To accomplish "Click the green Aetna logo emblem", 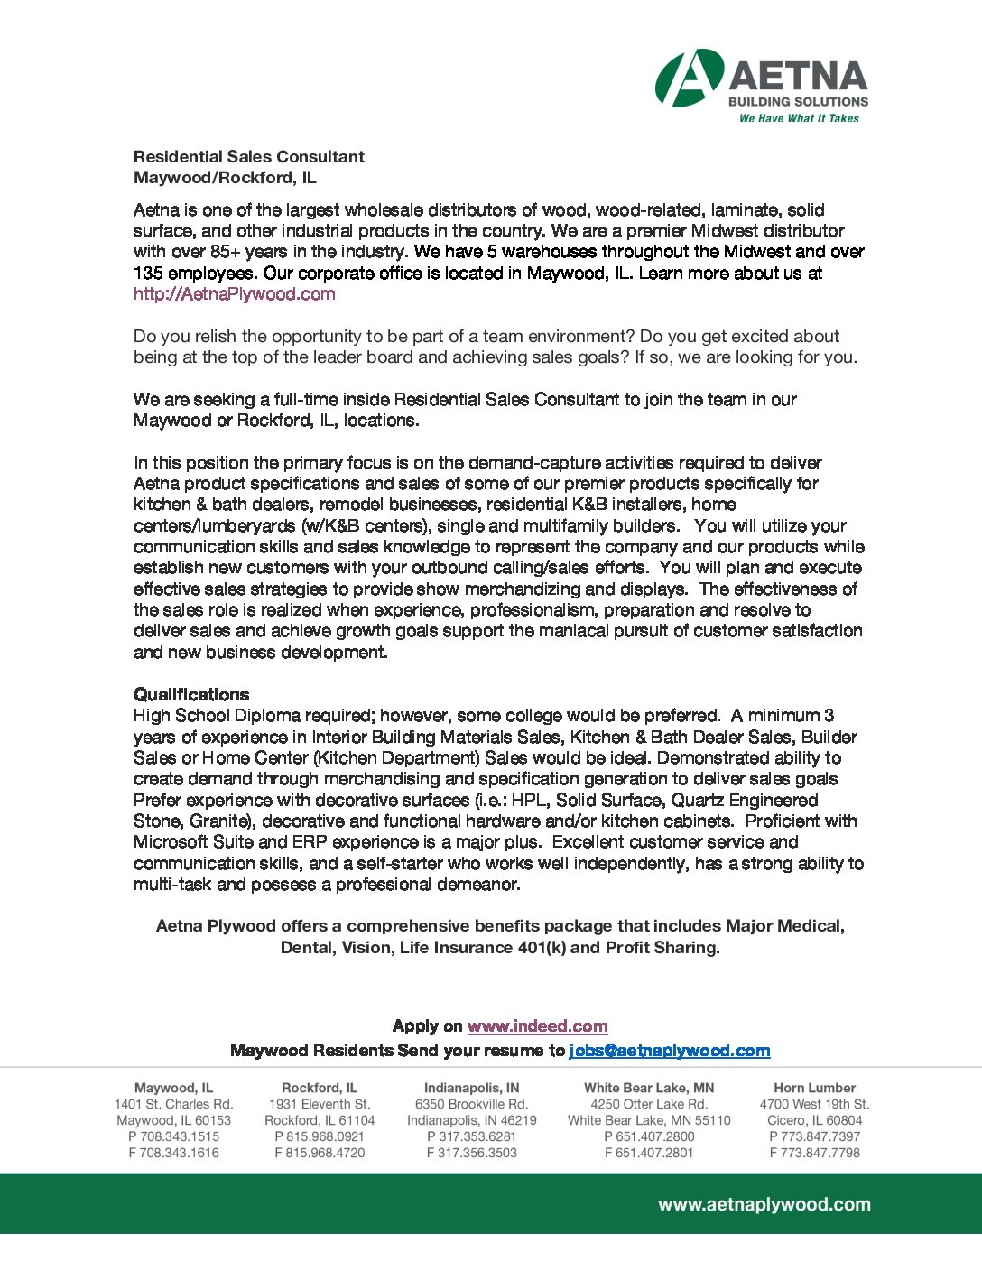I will click(689, 78).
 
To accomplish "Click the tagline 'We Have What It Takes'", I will click(799, 118).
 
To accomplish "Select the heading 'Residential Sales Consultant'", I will click(249, 156).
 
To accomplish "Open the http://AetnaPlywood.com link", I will click(235, 293).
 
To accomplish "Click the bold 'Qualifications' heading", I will click(191, 694).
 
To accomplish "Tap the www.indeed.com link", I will click(537, 1026).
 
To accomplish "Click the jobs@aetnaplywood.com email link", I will click(669, 1050).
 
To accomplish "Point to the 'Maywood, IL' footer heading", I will click(173, 1088).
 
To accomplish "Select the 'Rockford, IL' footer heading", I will click(320, 1088).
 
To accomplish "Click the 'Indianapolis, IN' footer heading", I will click(471, 1088).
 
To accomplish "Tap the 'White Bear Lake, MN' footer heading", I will click(649, 1088).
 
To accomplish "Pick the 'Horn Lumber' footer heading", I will click(814, 1088).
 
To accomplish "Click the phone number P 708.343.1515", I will click(173, 1136).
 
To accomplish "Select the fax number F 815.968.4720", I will click(320, 1153).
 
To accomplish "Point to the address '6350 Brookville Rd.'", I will click(471, 1104).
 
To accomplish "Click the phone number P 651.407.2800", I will click(649, 1136).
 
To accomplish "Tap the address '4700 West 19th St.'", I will click(814, 1104).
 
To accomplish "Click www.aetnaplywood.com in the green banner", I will click(764, 1204).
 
